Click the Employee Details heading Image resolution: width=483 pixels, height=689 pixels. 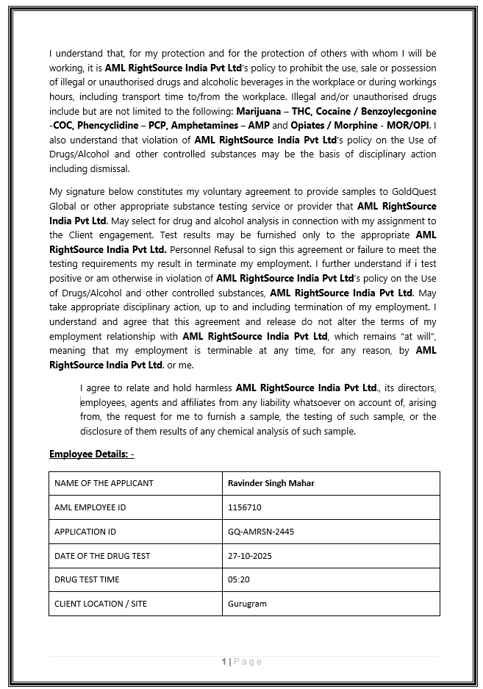(91, 454)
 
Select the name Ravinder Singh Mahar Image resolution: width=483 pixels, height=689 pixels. (271, 483)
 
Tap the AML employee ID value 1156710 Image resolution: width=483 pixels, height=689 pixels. (245, 507)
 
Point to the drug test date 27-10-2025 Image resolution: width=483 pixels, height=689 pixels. (250, 556)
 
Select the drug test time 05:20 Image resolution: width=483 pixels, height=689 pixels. (239, 579)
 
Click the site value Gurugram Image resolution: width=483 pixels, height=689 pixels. (248, 604)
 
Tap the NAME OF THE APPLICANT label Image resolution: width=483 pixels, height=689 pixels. (104, 483)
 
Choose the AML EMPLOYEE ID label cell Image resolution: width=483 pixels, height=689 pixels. (90, 507)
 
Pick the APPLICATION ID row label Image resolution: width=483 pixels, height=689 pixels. (85, 532)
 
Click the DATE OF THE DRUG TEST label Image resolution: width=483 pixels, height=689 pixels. (102, 556)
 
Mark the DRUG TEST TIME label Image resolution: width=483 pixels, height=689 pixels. (87, 579)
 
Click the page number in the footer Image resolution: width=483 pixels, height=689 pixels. (223, 662)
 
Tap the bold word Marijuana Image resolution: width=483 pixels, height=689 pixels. (260, 111)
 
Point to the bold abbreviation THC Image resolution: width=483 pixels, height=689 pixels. (303, 111)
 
